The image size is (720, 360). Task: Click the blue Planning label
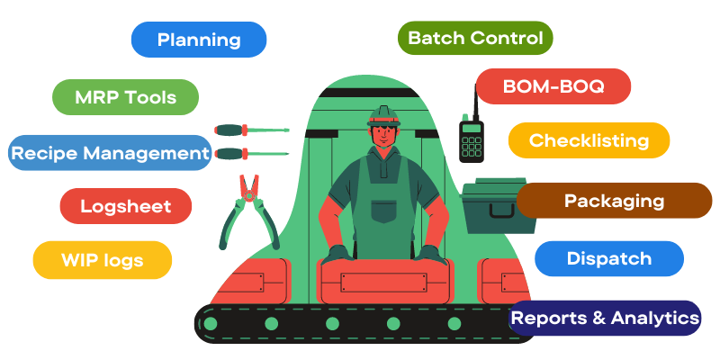(199, 40)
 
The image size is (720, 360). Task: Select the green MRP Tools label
(125, 97)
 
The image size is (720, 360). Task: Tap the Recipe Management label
(110, 153)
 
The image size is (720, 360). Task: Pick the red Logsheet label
(126, 206)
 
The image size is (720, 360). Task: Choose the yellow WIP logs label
(102, 260)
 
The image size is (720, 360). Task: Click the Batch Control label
(475, 38)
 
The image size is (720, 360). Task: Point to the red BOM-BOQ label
(553, 86)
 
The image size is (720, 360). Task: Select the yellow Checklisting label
(589, 140)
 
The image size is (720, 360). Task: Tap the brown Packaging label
(614, 201)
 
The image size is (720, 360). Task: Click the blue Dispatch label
(608, 258)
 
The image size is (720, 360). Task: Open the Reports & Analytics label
(605, 318)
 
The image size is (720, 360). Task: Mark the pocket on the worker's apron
(384, 211)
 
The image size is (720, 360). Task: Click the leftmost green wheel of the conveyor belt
(211, 323)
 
